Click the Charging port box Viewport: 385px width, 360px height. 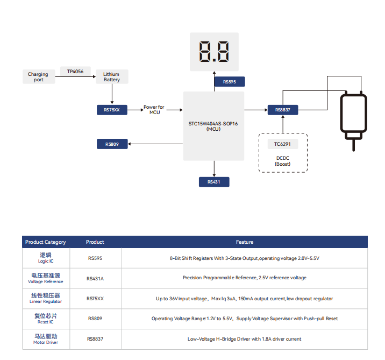38,77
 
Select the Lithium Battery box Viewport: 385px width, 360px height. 112,77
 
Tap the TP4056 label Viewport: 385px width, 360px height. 75,71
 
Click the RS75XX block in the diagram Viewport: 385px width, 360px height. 112,110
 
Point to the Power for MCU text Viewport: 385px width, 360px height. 154,110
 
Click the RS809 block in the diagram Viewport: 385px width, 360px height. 112,144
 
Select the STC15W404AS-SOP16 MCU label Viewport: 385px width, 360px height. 213,126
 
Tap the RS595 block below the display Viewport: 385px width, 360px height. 229,82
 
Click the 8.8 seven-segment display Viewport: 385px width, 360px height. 214,52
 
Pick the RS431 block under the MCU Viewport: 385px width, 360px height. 213,182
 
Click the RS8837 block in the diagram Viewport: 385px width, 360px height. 282,110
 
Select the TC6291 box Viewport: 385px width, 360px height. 282,144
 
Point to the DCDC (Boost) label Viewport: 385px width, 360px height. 283,160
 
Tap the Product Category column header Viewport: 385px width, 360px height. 45,242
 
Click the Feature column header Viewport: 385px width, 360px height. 244,242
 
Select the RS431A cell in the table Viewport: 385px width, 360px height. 95,278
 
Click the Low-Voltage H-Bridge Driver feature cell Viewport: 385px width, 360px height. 244,339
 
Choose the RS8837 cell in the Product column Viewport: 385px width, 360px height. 95,339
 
